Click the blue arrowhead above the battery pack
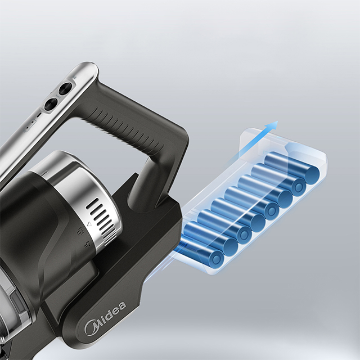(x=272, y=125)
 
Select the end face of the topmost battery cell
(x=312, y=173)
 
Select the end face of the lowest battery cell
(x=216, y=258)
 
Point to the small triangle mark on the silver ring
(x=89, y=224)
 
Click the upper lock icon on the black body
(x=80, y=231)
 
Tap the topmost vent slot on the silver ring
(x=92, y=202)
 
